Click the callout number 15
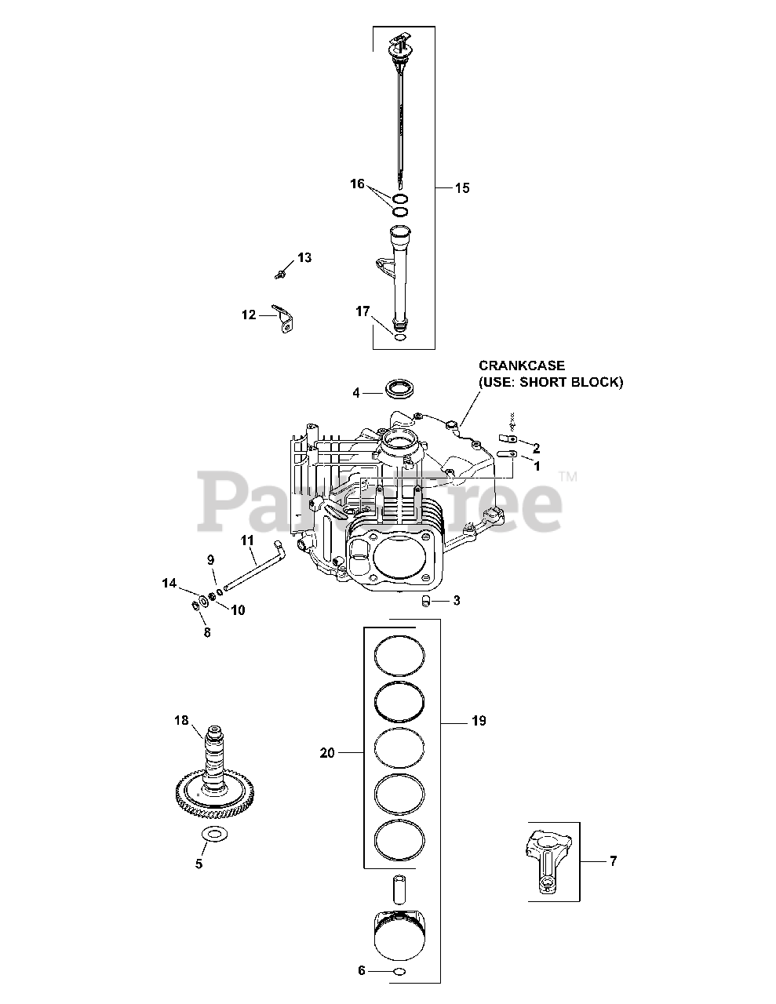pos(462,188)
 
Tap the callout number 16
pos(357,184)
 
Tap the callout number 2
pos(536,448)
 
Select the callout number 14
pos(169,583)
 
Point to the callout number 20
pos(327,753)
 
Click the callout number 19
pos(479,721)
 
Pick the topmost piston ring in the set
pos(399,653)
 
